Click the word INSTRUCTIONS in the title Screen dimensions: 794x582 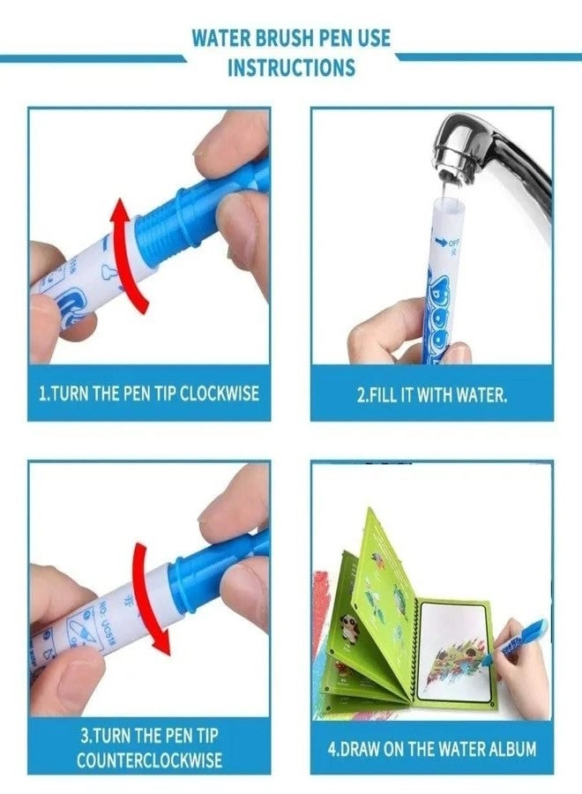(291, 67)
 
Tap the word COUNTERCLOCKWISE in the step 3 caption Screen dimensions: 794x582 (149, 759)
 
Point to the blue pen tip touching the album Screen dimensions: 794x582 (504, 648)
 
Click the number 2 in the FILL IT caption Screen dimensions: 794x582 (361, 394)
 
